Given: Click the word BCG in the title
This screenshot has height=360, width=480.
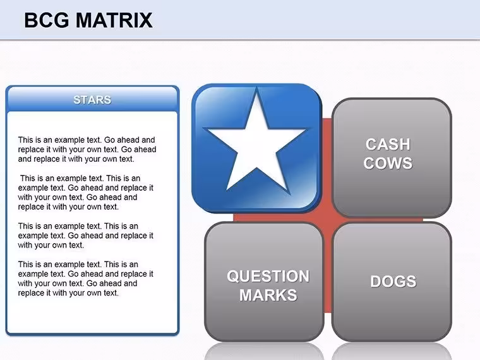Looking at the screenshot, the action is pyautogui.click(x=47, y=20).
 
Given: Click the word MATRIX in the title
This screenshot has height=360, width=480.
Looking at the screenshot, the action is pyautogui.click(x=114, y=20).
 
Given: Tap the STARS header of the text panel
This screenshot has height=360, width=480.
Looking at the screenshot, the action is pyautogui.click(x=92, y=100).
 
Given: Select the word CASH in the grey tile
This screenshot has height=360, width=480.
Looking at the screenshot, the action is pyautogui.click(x=388, y=144).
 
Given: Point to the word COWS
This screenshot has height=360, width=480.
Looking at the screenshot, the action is pyautogui.click(x=388, y=163).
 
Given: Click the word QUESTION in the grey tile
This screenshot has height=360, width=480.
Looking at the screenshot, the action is pyautogui.click(x=268, y=276).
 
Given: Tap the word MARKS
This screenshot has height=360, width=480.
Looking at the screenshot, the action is pyautogui.click(x=268, y=295).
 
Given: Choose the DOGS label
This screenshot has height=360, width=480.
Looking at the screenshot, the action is pyautogui.click(x=393, y=281).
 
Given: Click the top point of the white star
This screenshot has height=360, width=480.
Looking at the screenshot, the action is pyautogui.click(x=256, y=88).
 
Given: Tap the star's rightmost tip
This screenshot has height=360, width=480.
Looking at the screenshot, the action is pyautogui.click(x=306, y=129).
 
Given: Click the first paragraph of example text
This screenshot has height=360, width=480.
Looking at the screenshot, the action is pyautogui.click(x=87, y=150).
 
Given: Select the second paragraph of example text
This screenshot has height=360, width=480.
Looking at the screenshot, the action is pyautogui.click(x=86, y=193).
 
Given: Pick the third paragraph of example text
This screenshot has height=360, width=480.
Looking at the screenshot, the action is pyautogui.click(x=86, y=236).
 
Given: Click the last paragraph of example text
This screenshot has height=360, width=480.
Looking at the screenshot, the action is pyautogui.click(x=86, y=279).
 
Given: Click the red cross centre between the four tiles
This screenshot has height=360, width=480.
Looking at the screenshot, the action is pyautogui.click(x=328, y=220).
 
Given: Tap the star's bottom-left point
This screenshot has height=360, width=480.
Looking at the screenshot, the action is pyautogui.click(x=227, y=190).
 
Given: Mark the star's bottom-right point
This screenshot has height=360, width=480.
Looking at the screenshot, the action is pyautogui.click(x=289, y=193).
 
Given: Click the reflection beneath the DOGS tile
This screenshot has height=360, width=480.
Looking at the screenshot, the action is pyautogui.click(x=392, y=351).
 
